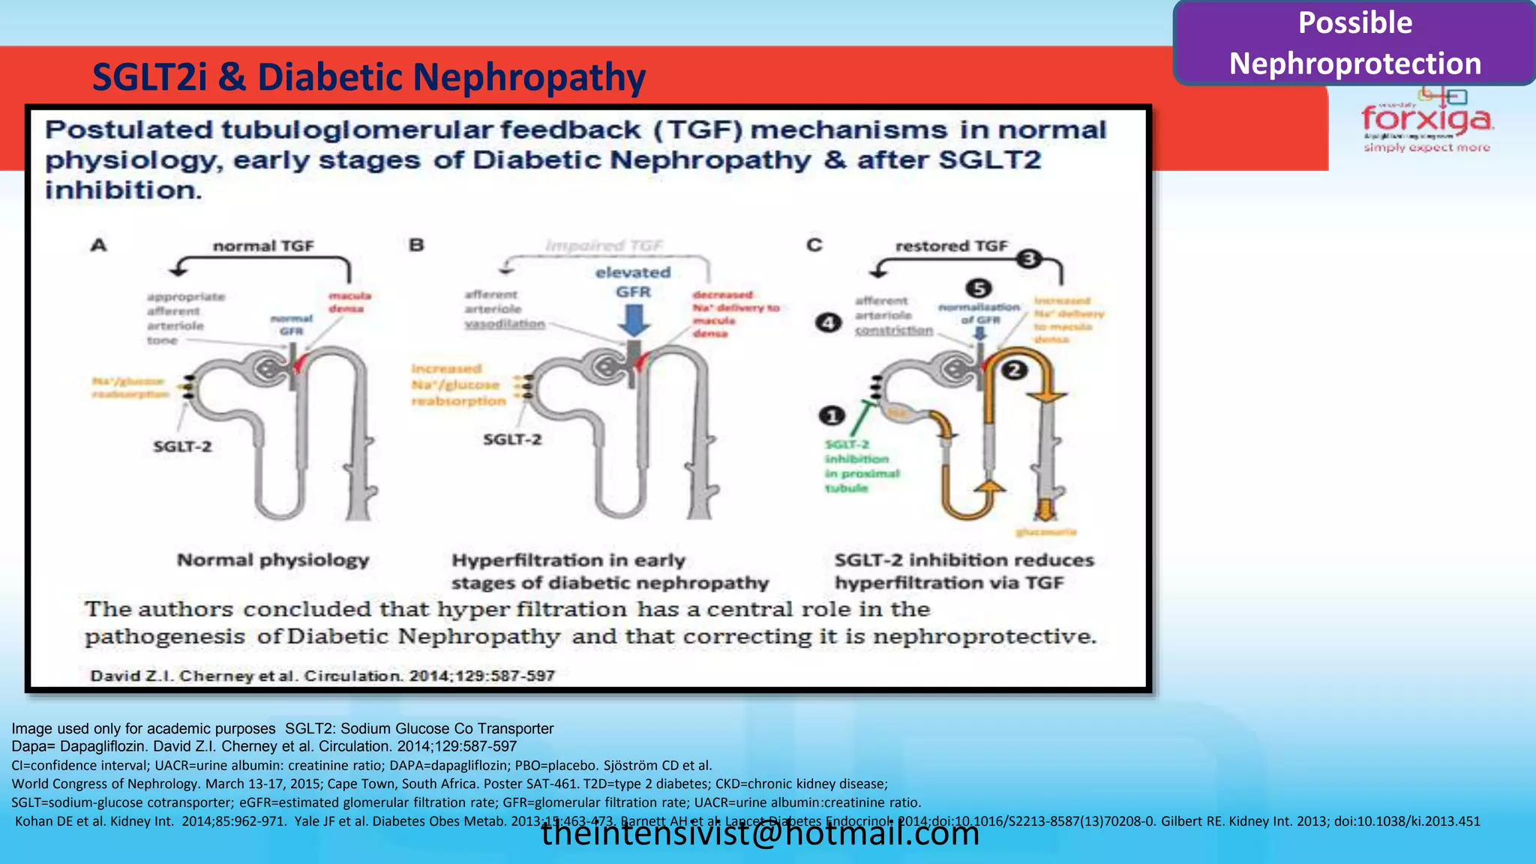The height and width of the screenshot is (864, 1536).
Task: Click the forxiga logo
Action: (x=1426, y=120)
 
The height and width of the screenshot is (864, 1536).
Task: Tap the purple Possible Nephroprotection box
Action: (x=1354, y=43)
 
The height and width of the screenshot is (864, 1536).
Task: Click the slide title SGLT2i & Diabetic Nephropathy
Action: (x=368, y=77)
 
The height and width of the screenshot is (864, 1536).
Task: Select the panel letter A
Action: (x=98, y=245)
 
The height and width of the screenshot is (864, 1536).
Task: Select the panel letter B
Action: (x=416, y=245)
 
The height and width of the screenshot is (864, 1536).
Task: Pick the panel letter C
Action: (x=814, y=245)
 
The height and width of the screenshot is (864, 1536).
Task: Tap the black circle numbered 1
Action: (x=831, y=415)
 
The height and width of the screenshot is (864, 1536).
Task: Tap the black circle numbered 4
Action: (x=828, y=322)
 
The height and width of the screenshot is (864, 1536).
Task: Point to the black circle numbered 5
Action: (x=978, y=288)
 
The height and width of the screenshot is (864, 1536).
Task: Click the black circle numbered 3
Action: (x=1029, y=259)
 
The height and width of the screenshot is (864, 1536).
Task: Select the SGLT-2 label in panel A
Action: (x=182, y=446)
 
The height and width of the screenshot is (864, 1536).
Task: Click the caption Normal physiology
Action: (x=273, y=560)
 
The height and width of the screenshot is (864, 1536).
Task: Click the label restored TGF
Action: (x=951, y=246)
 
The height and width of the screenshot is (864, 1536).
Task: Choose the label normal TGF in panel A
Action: (x=262, y=246)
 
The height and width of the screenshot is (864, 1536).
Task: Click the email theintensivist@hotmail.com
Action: (x=760, y=833)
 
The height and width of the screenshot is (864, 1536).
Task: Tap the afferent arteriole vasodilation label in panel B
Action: (x=504, y=309)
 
